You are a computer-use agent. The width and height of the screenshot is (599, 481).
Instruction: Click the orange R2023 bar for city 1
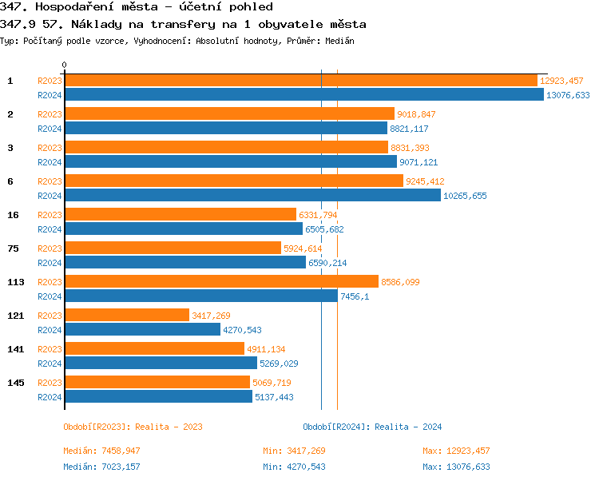(x=300, y=81)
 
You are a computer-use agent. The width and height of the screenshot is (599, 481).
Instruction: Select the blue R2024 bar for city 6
(x=252, y=196)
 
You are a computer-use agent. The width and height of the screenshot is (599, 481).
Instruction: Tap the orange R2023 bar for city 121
(x=126, y=316)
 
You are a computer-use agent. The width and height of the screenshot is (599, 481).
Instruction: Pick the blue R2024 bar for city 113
(x=200, y=296)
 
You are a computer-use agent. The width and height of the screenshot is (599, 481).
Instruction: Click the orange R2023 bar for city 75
(x=173, y=248)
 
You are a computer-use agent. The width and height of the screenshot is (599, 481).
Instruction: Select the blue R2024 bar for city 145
(x=158, y=397)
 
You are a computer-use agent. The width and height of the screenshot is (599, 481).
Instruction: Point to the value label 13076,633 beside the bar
(x=567, y=95)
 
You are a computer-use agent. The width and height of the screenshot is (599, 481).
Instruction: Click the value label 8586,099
(x=400, y=282)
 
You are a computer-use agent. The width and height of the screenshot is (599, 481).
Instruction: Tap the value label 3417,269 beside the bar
(x=211, y=316)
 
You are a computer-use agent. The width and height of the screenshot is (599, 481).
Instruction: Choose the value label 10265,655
(x=465, y=196)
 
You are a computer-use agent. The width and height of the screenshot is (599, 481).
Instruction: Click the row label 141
(x=16, y=349)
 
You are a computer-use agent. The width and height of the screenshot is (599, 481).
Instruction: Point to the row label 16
(x=14, y=215)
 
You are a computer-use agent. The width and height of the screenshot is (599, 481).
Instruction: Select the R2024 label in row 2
(x=50, y=129)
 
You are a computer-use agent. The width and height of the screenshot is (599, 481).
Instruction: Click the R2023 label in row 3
(x=50, y=148)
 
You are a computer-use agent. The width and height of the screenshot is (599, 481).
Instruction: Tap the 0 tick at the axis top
(x=65, y=65)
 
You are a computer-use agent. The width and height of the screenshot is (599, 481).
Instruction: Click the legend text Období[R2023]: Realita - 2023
(x=133, y=427)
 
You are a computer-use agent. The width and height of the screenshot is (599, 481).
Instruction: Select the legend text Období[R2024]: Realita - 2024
(x=372, y=427)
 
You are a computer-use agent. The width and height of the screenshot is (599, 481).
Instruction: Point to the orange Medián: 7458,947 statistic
(x=101, y=451)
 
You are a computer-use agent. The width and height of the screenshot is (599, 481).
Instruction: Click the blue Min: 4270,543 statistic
(x=294, y=467)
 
